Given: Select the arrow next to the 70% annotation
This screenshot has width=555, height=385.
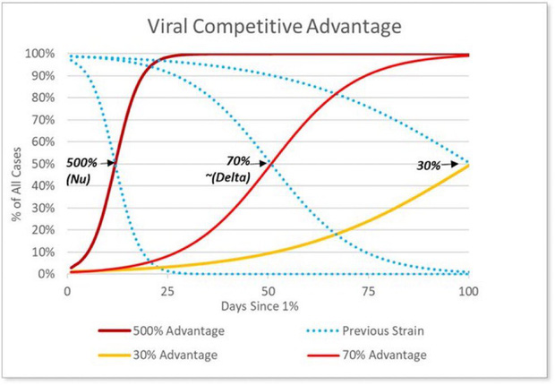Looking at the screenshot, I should pos(260,163).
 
